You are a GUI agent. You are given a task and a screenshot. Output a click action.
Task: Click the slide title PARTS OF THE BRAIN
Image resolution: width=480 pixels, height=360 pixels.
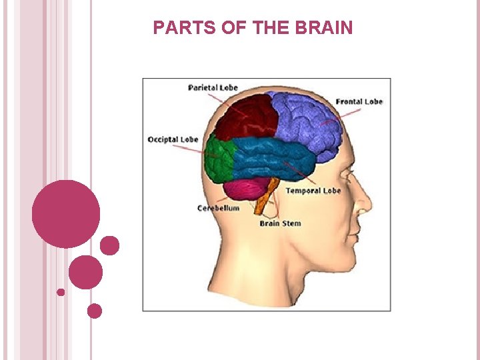click(x=253, y=28)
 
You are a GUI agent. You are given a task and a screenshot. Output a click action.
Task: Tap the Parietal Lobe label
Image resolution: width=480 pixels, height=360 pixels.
click(x=213, y=88)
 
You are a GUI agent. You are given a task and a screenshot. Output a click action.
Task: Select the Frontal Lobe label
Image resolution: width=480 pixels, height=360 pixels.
click(x=359, y=102)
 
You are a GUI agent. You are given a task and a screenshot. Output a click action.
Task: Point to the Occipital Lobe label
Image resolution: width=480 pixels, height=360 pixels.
click(x=173, y=140)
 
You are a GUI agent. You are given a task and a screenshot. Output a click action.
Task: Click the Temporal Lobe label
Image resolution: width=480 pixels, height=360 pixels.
click(x=313, y=191)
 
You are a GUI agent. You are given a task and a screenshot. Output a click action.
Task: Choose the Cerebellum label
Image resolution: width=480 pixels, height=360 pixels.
click(x=218, y=209)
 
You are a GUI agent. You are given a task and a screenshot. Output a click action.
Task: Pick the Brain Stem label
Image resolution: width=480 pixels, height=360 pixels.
click(x=280, y=223)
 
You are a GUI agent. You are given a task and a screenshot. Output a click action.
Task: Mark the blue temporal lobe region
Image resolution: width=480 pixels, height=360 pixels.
click(x=273, y=160)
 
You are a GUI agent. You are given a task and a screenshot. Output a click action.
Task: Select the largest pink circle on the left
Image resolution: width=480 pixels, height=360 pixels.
click(x=66, y=214)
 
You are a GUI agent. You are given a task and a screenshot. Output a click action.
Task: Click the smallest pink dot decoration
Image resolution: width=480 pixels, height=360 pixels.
click(x=61, y=292)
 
